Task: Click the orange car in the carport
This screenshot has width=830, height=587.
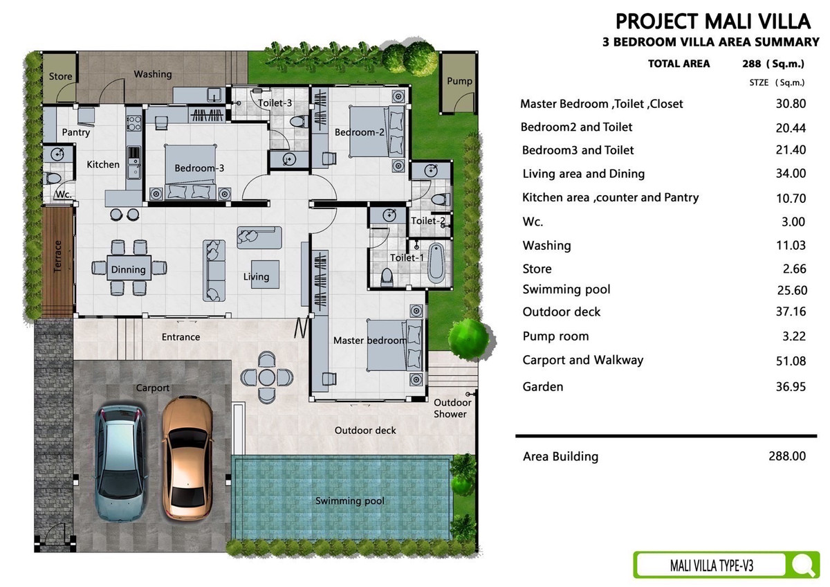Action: pyautogui.click(x=187, y=459)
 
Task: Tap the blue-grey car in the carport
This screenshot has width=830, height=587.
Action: pyautogui.click(x=120, y=463)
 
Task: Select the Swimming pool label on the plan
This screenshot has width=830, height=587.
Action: pyautogui.click(x=350, y=501)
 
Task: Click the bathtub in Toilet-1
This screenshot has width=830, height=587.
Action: pyautogui.click(x=436, y=262)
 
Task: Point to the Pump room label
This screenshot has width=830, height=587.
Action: pyautogui.click(x=459, y=81)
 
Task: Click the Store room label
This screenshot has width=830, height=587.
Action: pyautogui.click(x=60, y=76)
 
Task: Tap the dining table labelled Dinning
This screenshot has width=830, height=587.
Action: pyautogui.click(x=129, y=267)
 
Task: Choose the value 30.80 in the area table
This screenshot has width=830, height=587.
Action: pyautogui.click(x=791, y=103)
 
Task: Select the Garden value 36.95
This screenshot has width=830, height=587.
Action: pyautogui.click(x=791, y=387)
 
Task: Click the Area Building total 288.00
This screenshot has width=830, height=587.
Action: pyautogui.click(x=787, y=455)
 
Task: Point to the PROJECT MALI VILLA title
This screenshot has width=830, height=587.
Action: pyautogui.click(x=713, y=21)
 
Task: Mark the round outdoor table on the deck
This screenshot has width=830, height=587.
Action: pyautogui.click(x=266, y=377)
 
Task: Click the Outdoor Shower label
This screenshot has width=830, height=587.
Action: pyautogui.click(x=452, y=408)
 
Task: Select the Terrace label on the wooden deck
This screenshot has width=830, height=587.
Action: pyautogui.click(x=57, y=256)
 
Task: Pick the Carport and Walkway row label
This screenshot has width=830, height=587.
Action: pyautogui.click(x=583, y=360)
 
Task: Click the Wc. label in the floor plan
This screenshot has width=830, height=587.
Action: pyautogui.click(x=63, y=195)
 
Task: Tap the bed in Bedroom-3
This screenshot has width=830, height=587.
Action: pyautogui.click(x=190, y=172)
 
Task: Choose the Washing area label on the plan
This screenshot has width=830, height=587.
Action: pyautogui.click(x=153, y=75)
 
